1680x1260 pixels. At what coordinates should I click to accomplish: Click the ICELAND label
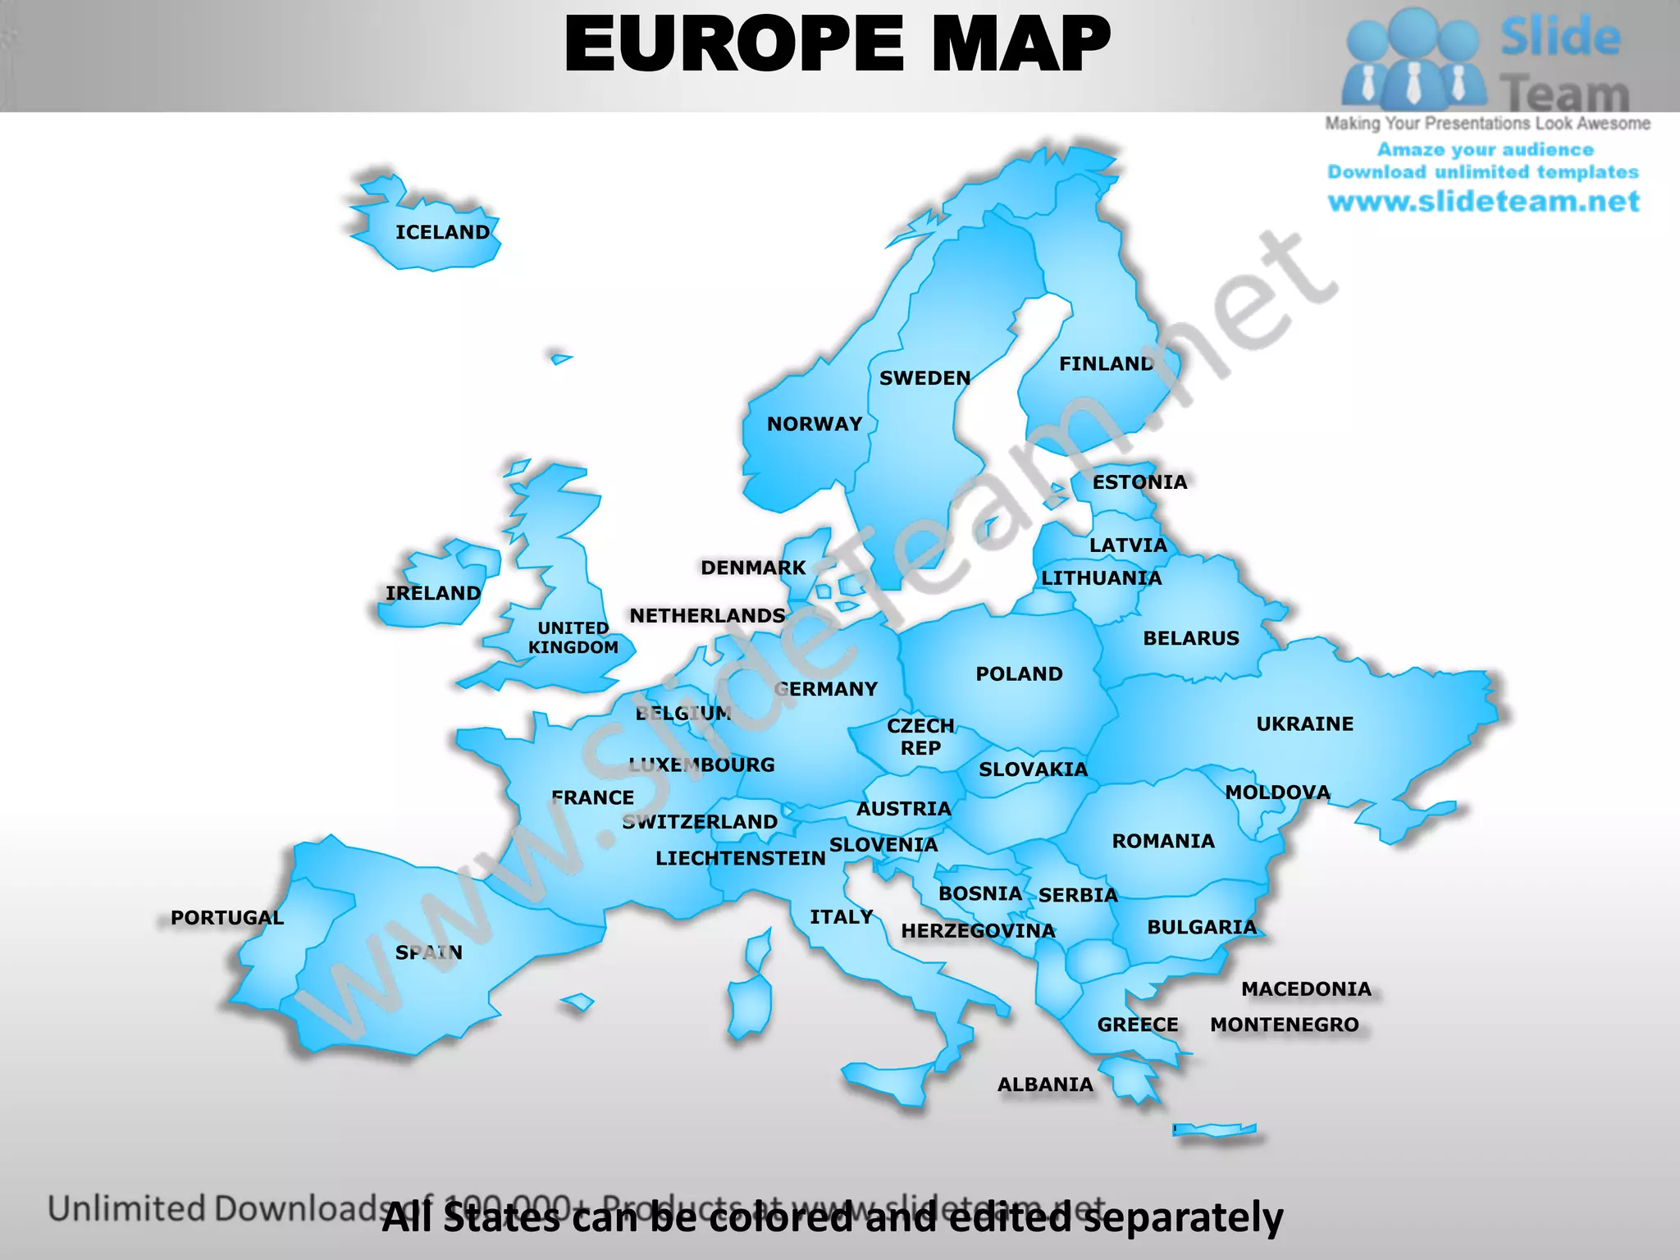[442, 232]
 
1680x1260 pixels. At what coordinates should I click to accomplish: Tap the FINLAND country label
[1106, 363]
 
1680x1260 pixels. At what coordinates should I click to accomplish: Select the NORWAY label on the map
[815, 424]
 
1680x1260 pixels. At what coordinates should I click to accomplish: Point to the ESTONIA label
[1139, 482]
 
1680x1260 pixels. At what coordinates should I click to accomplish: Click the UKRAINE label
[1304, 724]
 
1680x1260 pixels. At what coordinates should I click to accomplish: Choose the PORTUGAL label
[227, 917]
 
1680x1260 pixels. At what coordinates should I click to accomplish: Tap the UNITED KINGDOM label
[573, 637]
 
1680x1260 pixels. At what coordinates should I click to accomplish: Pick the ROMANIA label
[1162, 841]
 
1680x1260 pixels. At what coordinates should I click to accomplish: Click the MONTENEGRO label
[1284, 1025]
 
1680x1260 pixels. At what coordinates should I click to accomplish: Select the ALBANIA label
[1045, 1084]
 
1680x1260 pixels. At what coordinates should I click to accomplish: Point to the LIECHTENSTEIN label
[740, 858]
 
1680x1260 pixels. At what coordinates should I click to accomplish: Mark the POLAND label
[1019, 673]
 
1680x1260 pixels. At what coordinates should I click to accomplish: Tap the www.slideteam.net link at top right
[1483, 202]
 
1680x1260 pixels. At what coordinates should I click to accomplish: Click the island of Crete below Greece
[1214, 1130]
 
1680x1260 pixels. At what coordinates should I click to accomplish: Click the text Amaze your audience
[1485, 149]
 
